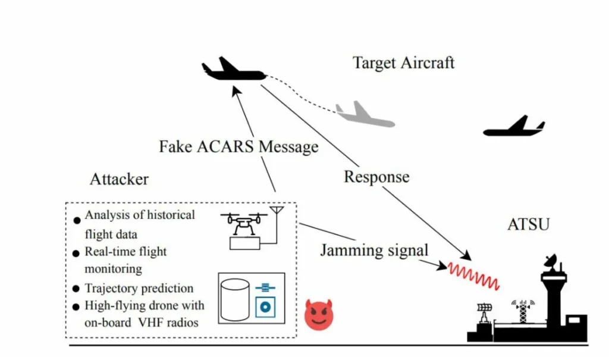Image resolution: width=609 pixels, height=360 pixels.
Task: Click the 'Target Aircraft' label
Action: pyautogui.click(x=403, y=62)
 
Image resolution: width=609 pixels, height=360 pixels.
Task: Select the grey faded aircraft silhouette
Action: pyautogui.click(x=364, y=115)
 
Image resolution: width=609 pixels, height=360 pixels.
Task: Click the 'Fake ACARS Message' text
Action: pyautogui.click(x=238, y=146)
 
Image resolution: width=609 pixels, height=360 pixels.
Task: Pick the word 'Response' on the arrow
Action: pyautogui.click(x=376, y=177)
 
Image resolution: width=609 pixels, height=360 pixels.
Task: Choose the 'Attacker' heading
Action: pyautogui.click(x=119, y=179)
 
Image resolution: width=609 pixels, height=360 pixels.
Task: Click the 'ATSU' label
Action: pyautogui.click(x=529, y=225)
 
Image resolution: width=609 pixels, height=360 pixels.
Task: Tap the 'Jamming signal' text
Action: pyautogui.click(x=374, y=250)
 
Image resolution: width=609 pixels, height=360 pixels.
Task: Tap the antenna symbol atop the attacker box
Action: pyautogui.click(x=276, y=210)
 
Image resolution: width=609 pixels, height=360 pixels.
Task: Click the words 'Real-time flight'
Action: pyautogui.click(x=125, y=252)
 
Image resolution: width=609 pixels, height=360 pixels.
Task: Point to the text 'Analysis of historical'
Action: pyautogui.click(x=140, y=215)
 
